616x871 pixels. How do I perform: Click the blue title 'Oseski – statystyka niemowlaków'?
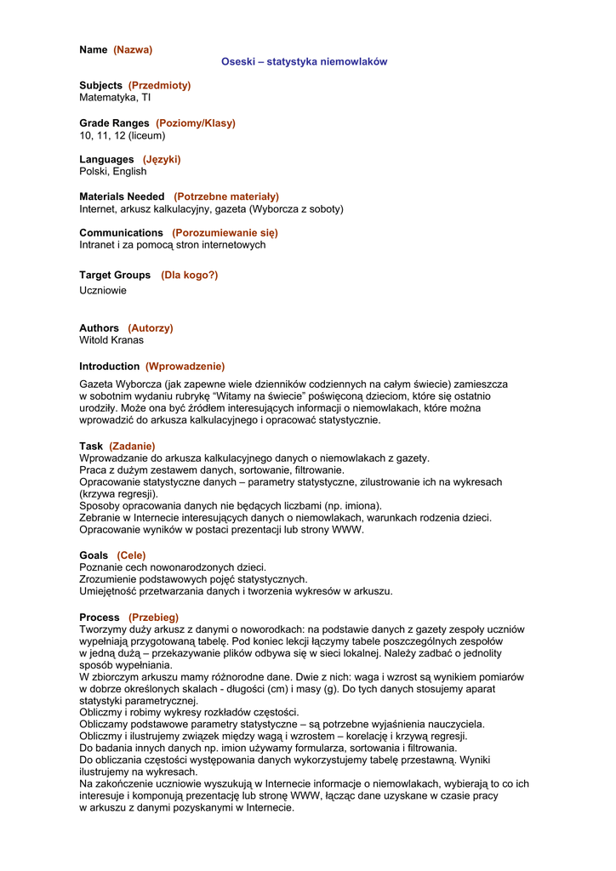pyautogui.click(x=304, y=61)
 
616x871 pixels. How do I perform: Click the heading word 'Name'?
pyautogui.click(x=94, y=49)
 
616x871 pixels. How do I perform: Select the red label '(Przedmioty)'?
pyautogui.click(x=159, y=85)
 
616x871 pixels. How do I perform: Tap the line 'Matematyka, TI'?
pyautogui.click(x=115, y=98)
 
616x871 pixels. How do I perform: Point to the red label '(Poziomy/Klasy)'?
pyautogui.click(x=195, y=122)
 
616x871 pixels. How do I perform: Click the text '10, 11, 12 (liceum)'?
pyautogui.click(x=123, y=135)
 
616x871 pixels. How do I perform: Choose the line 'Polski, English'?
pyautogui.click(x=113, y=171)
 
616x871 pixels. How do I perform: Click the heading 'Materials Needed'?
pyautogui.click(x=122, y=196)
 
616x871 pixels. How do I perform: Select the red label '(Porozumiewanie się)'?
pyautogui.click(x=225, y=232)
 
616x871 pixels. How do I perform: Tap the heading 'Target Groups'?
pyautogui.click(x=115, y=275)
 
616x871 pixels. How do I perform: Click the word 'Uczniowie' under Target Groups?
pyautogui.click(x=103, y=290)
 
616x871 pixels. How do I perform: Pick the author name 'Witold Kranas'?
pyautogui.click(x=111, y=340)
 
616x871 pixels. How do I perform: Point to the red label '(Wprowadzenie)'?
pyautogui.click(x=185, y=366)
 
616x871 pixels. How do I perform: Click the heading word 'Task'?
pyautogui.click(x=91, y=446)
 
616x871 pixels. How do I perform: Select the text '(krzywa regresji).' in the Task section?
pyautogui.click(x=118, y=493)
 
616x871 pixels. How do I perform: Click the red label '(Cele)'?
pyautogui.click(x=131, y=555)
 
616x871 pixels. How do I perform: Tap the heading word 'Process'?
pyautogui.click(x=100, y=617)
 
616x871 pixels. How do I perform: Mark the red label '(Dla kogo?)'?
pyautogui.click(x=189, y=275)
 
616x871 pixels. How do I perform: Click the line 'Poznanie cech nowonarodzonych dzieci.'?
pyautogui.click(x=173, y=566)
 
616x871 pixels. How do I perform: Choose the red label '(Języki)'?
pyautogui.click(x=162, y=159)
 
